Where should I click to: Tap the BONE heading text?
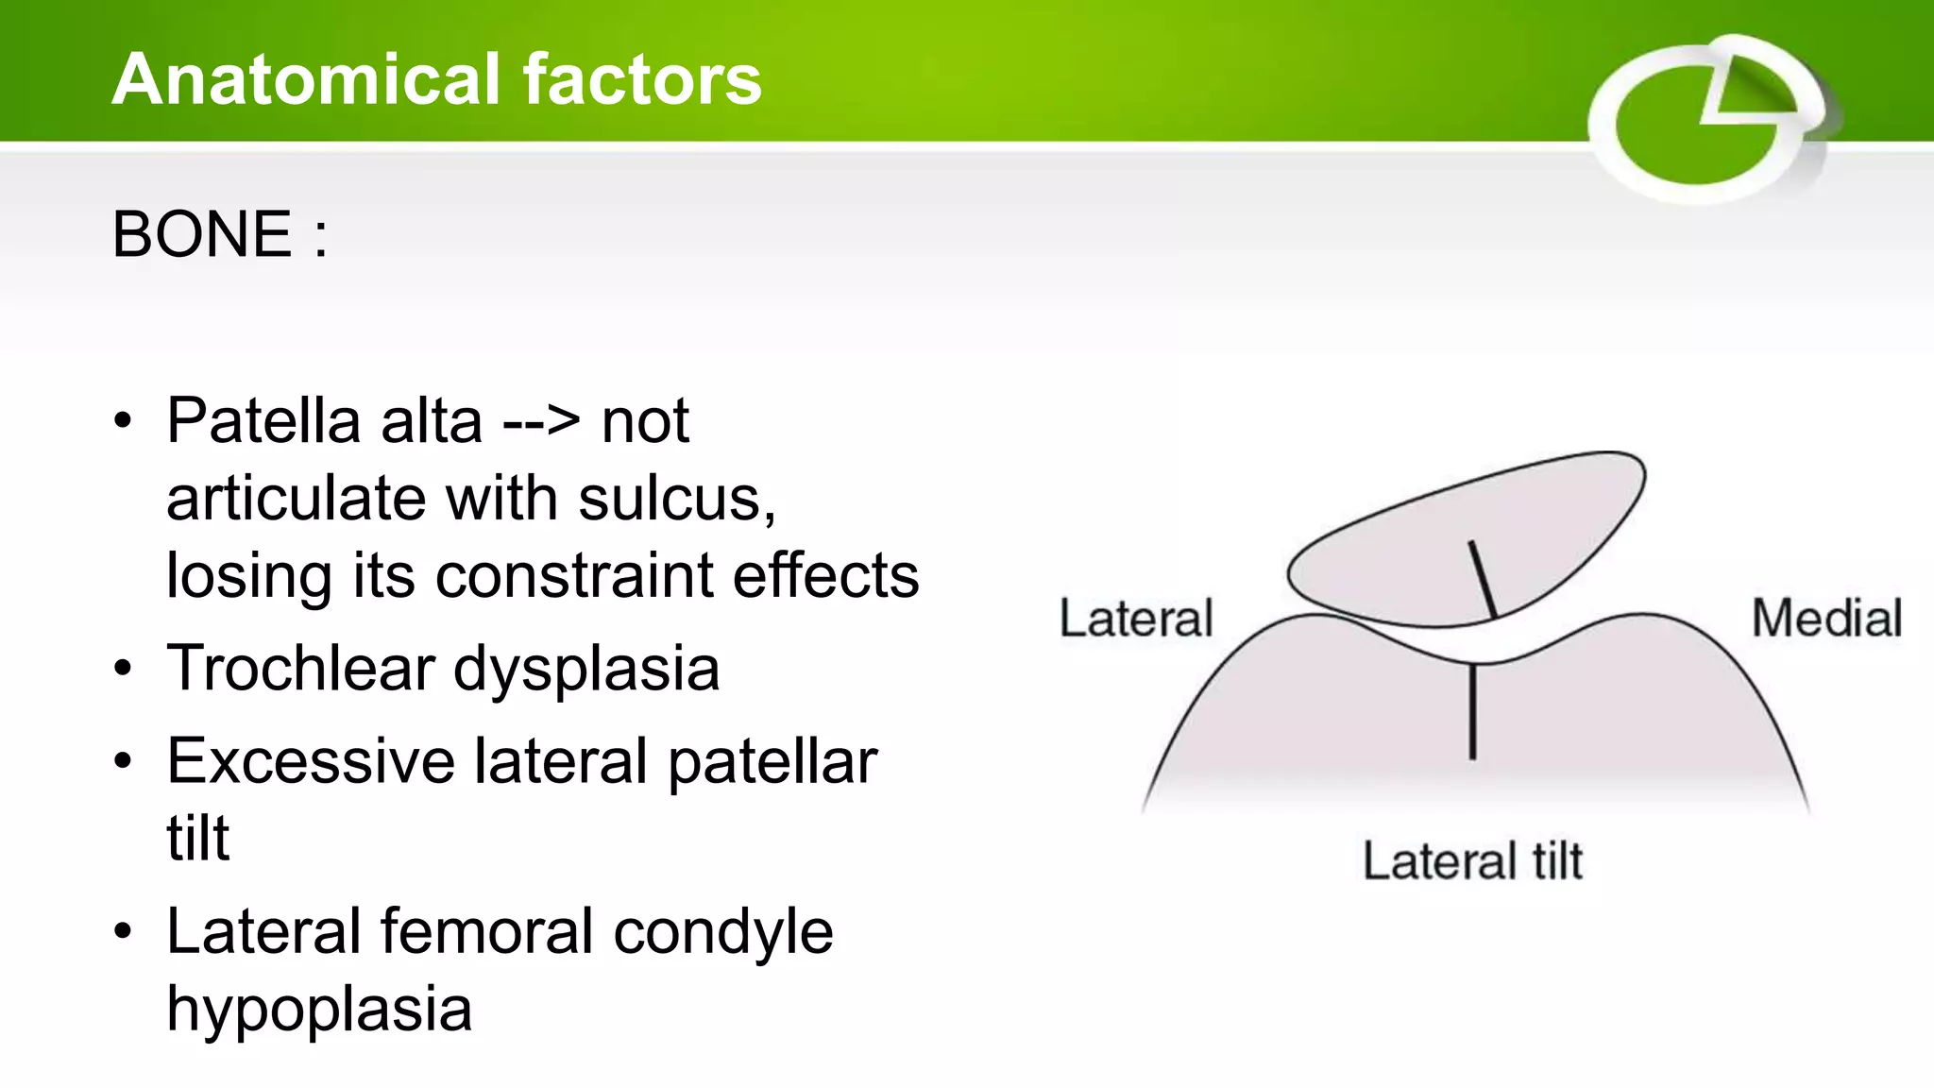tap(202, 234)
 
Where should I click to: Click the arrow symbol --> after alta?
tap(541, 422)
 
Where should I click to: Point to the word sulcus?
tap(676, 499)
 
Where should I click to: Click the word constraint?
tap(574, 576)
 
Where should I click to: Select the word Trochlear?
tap(300, 669)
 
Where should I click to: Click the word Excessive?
tap(311, 761)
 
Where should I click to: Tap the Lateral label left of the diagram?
tap(1136, 619)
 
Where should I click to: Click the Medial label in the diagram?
tap(1826, 619)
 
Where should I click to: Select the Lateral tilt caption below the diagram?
tap(1472, 861)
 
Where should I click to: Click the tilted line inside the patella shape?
tap(1483, 579)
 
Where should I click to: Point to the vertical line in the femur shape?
tap(1472, 711)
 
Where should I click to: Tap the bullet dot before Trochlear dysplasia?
tap(123, 669)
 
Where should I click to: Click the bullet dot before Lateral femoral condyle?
tap(123, 931)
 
